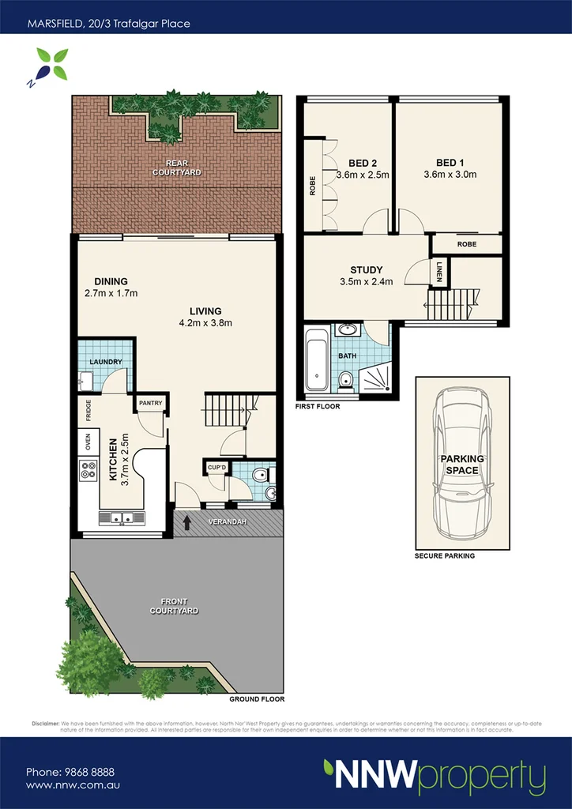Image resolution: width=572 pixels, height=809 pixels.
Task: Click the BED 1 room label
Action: (450, 161)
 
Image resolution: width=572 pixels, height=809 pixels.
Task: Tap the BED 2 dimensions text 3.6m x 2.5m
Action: (363, 175)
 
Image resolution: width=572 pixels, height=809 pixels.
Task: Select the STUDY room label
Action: (366, 270)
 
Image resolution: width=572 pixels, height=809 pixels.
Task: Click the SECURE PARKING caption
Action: (445, 556)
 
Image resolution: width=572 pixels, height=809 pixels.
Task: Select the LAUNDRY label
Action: (105, 362)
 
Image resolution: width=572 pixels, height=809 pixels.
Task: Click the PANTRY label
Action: (150, 403)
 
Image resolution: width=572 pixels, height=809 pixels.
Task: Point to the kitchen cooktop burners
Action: (87, 471)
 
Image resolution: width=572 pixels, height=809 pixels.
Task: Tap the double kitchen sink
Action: (121, 518)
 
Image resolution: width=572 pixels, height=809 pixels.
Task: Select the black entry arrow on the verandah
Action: (187, 521)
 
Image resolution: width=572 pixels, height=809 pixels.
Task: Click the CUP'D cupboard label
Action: (216, 467)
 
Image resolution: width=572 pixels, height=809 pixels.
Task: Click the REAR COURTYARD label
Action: (177, 167)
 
